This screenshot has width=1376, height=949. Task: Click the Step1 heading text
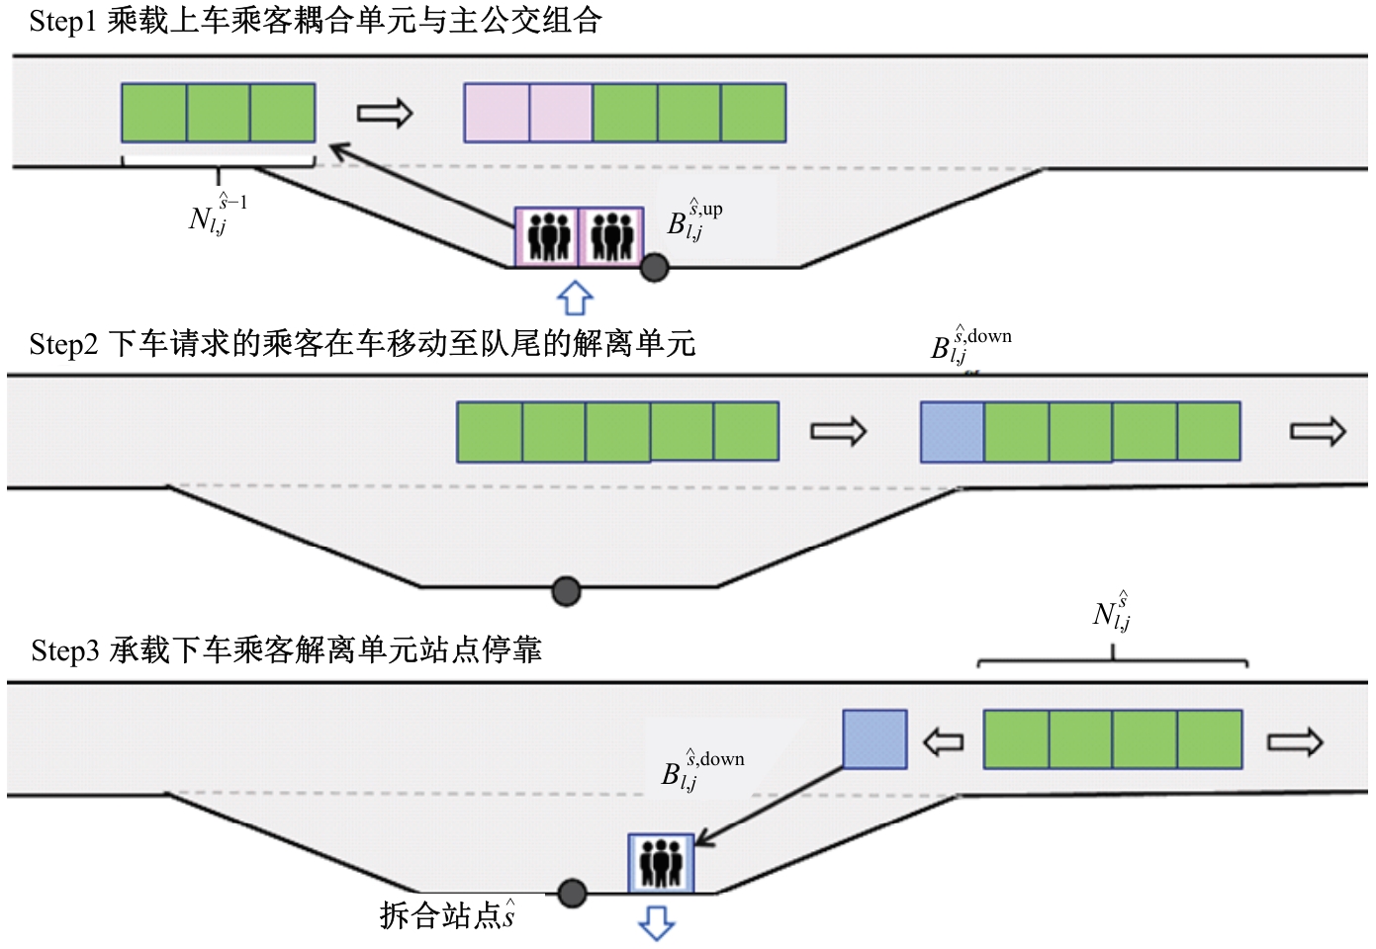[315, 21]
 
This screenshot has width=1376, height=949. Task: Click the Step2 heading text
[362, 344]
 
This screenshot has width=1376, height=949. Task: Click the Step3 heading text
[286, 650]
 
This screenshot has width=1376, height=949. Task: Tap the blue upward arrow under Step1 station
[575, 298]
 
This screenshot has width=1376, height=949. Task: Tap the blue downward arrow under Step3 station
[656, 922]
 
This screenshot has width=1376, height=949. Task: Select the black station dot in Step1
[654, 267]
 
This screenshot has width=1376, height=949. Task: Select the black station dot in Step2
[565, 591]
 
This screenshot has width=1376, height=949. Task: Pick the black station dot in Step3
[572, 894]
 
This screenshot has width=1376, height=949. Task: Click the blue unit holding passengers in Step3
[661, 863]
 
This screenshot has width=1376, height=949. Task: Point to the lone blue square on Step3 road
[874, 739]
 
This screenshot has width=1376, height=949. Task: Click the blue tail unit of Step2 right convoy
[952, 432]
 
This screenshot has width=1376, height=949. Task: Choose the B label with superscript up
[693, 221]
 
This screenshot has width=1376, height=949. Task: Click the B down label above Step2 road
[969, 345]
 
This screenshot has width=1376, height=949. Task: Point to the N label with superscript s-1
[217, 215]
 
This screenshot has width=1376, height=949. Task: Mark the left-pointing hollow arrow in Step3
[943, 742]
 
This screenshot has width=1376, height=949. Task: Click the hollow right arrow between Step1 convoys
[384, 114]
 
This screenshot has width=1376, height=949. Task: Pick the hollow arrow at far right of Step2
[1318, 432]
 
